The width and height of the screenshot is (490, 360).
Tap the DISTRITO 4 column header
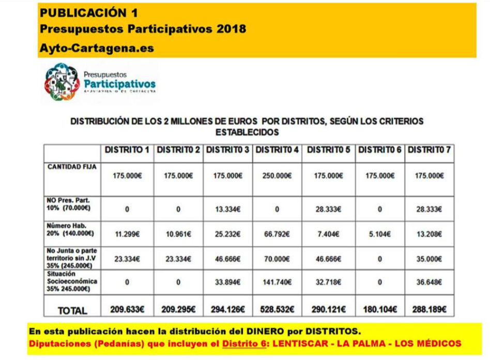click(278, 150)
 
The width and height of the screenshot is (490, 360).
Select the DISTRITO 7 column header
click(429, 150)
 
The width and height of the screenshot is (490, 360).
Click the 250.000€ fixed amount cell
click(278, 176)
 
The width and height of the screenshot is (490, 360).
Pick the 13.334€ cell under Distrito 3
click(227, 209)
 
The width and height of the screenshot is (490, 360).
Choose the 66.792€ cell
click(278, 233)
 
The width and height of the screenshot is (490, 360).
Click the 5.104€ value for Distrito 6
click(379, 233)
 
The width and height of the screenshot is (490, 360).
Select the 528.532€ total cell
click(278, 309)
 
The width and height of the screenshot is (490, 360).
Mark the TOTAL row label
click(72, 310)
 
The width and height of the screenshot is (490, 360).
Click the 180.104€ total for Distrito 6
click(379, 309)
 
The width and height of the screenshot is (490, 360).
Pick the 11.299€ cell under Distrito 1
click(127, 233)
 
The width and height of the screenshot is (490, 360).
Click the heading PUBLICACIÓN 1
click(84, 12)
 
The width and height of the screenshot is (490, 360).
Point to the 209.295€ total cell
click(177, 309)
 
